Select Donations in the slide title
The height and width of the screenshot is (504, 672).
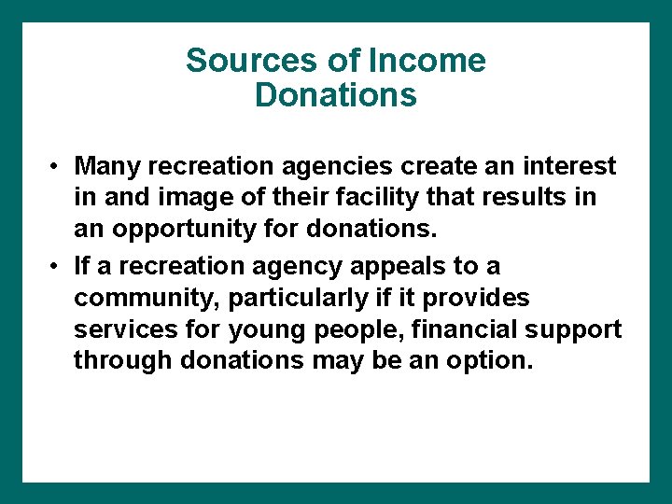click(x=335, y=95)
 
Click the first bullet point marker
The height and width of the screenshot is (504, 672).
click(x=57, y=166)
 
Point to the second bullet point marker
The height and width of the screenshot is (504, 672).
click(x=57, y=267)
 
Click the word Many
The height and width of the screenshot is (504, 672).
click(x=105, y=166)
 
